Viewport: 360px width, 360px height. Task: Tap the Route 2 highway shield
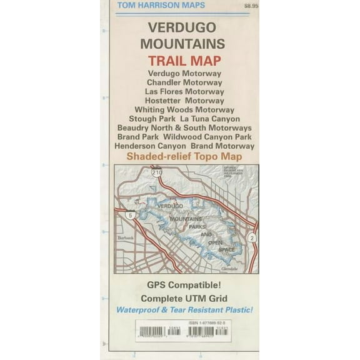point(251,238)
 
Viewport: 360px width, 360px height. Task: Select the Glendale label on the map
point(229,268)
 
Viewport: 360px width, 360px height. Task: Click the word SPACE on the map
point(227,249)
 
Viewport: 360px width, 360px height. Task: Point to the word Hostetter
point(162,100)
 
